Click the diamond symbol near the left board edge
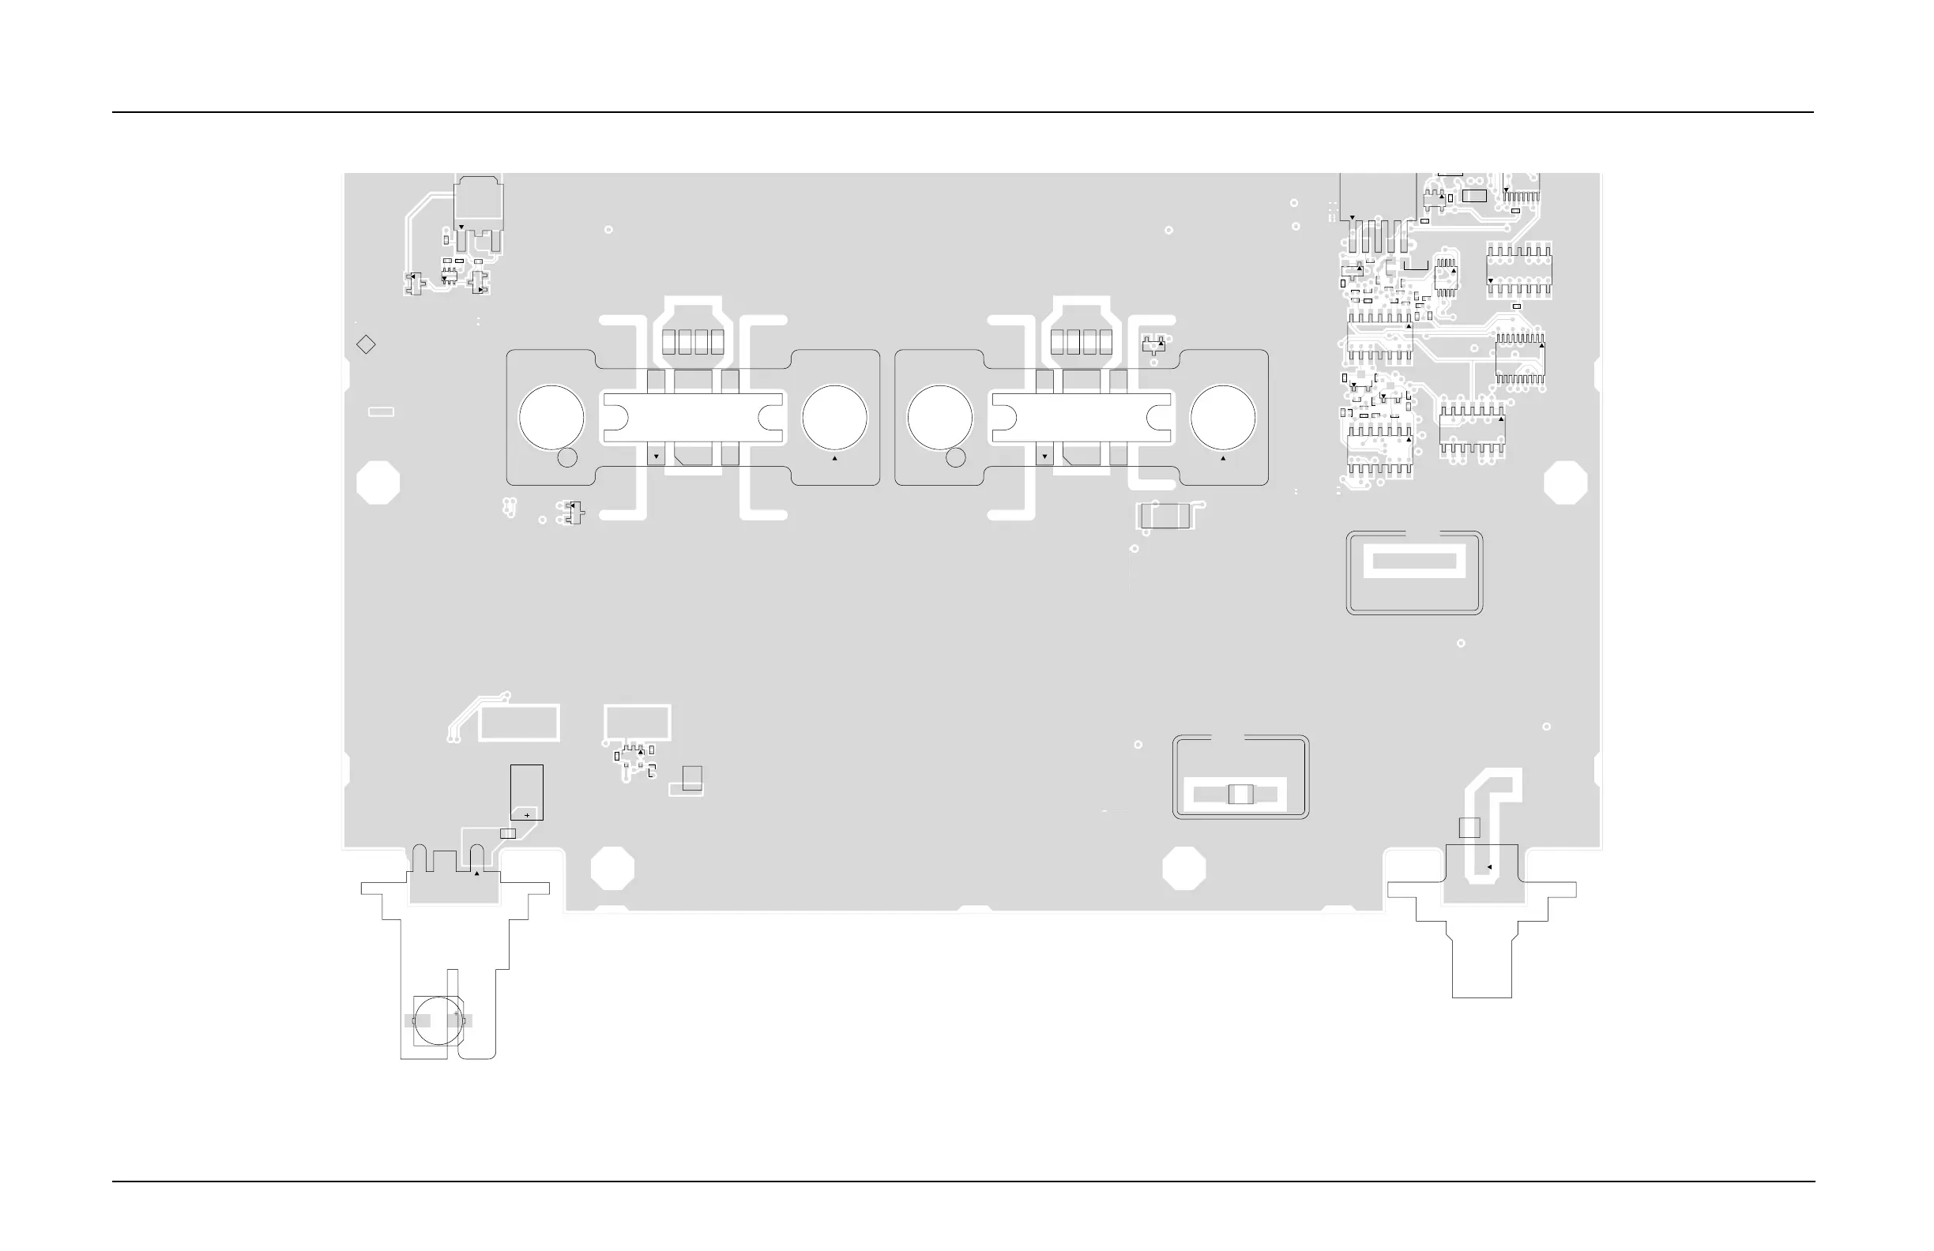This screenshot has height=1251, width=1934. [x=366, y=344]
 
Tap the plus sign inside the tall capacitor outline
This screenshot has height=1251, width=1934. [x=527, y=815]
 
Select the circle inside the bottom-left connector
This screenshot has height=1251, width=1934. [x=438, y=1020]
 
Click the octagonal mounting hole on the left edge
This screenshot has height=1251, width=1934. [x=378, y=482]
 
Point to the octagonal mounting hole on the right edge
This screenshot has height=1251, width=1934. [x=1565, y=482]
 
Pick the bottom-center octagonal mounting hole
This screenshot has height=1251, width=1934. [x=1184, y=868]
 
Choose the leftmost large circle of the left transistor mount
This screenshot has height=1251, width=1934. [x=551, y=417]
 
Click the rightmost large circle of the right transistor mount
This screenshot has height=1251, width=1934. [x=1223, y=417]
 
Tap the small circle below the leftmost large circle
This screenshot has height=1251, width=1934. [x=567, y=457]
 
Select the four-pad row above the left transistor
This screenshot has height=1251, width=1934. [x=692, y=342]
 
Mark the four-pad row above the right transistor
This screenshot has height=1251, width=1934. [x=1081, y=342]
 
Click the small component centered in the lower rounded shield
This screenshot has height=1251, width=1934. [x=1241, y=794]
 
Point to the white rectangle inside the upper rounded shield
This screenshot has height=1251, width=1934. [x=1414, y=562]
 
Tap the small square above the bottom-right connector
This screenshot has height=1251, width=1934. [x=1469, y=827]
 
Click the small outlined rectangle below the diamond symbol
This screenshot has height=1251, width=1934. [x=381, y=411]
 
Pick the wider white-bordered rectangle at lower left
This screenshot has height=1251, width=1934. [x=519, y=723]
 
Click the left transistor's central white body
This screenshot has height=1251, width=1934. [x=692, y=418]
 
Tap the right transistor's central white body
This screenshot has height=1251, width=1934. [x=1081, y=418]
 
